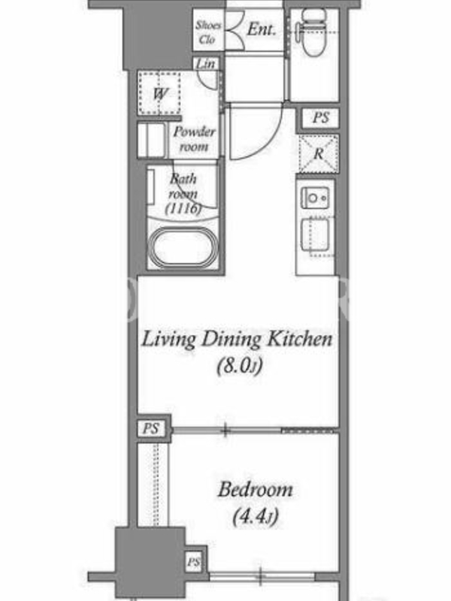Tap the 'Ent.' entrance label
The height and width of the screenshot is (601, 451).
click(x=262, y=29)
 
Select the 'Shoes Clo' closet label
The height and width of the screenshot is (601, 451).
click(x=208, y=32)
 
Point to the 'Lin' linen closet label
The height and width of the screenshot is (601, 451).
click(x=205, y=64)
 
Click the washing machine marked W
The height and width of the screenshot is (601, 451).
click(x=159, y=92)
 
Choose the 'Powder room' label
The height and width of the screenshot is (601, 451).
click(x=194, y=139)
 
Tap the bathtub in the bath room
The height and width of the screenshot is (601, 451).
click(x=183, y=247)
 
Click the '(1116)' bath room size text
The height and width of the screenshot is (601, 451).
click(x=183, y=208)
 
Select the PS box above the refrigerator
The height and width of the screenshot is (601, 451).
click(x=321, y=118)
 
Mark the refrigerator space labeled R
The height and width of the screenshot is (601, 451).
click(x=319, y=153)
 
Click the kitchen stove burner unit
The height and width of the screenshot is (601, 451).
click(x=315, y=198)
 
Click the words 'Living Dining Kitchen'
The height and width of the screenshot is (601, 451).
click(x=237, y=340)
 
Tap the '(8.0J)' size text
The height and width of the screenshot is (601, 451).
click(x=240, y=366)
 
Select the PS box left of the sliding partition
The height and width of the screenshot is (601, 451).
click(x=151, y=428)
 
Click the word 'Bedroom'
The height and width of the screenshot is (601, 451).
click(x=256, y=490)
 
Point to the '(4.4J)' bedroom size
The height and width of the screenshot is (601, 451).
click(x=255, y=516)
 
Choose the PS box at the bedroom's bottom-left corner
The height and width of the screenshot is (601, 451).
click(x=194, y=562)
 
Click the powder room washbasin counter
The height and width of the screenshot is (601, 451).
click(x=153, y=140)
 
